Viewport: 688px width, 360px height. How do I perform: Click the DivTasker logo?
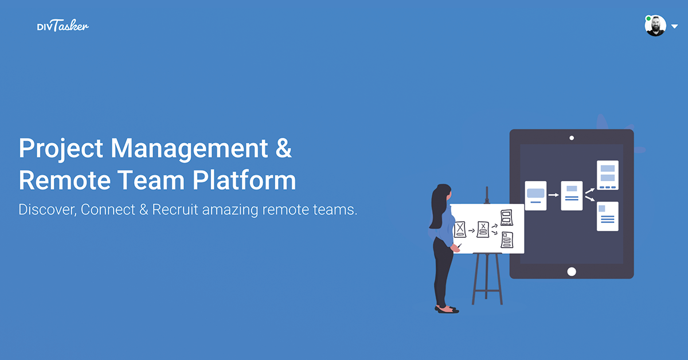tap(63, 25)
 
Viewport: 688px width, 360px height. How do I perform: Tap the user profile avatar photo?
tap(655, 25)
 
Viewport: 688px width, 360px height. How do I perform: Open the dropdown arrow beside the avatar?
tap(674, 26)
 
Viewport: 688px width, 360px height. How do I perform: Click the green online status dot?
tap(648, 18)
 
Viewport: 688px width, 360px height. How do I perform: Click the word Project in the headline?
tap(61, 148)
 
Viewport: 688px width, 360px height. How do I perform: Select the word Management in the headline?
tap(189, 148)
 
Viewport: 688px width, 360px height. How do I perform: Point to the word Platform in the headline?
tap(244, 180)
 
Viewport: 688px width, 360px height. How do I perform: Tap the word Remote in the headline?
tap(64, 180)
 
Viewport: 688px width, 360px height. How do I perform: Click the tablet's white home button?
tap(572, 272)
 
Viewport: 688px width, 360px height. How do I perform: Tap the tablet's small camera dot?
tap(572, 138)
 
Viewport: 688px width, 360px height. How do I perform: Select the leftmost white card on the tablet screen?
tap(535, 195)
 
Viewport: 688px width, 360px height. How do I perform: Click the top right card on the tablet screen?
tap(608, 175)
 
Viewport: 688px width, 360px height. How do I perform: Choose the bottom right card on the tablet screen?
tap(608, 216)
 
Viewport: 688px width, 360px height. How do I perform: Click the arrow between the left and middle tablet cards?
tap(553, 195)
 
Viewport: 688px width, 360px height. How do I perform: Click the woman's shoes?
tap(447, 309)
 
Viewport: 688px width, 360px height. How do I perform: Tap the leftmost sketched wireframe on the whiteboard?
tap(460, 229)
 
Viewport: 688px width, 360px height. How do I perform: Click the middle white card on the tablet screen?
tap(572, 195)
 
